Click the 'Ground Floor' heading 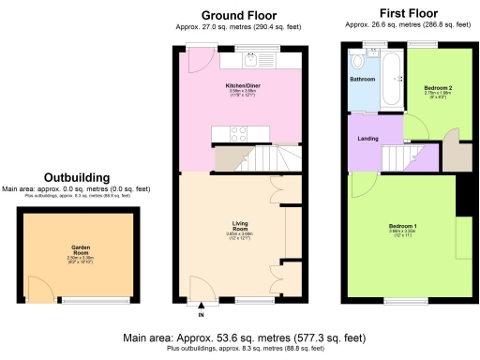click(x=239, y=15)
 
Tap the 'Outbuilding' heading click(x=76, y=176)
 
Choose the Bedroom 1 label click(x=403, y=227)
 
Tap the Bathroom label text click(x=362, y=80)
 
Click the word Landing click(x=368, y=140)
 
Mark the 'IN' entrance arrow click(x=200, y=309)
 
